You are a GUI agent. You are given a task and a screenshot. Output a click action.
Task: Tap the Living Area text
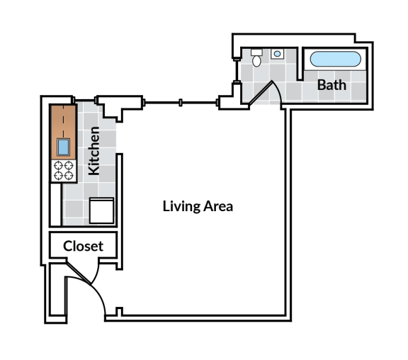tap(198, 207)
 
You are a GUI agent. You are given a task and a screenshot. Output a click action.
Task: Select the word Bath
tap(331, 85)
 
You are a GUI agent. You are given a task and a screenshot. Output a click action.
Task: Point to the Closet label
tap(83, 247)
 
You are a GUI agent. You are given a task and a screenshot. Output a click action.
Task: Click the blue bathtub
tap(336, 59)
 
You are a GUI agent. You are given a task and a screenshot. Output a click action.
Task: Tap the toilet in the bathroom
tap(256, 57)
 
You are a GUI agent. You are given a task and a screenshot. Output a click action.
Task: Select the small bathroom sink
tap(278, 53)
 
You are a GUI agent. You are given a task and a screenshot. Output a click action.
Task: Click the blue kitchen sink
tap(63, 147)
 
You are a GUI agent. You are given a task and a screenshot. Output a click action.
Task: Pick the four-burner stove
tap(63, 171)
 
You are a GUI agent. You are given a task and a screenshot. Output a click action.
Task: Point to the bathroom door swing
tap(267, 93)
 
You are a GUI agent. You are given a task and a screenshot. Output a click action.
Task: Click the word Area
tap(218, 207)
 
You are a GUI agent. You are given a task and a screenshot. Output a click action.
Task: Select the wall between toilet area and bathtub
tap(301, 67)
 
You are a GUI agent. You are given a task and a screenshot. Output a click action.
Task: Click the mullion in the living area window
tap(182, 103)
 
